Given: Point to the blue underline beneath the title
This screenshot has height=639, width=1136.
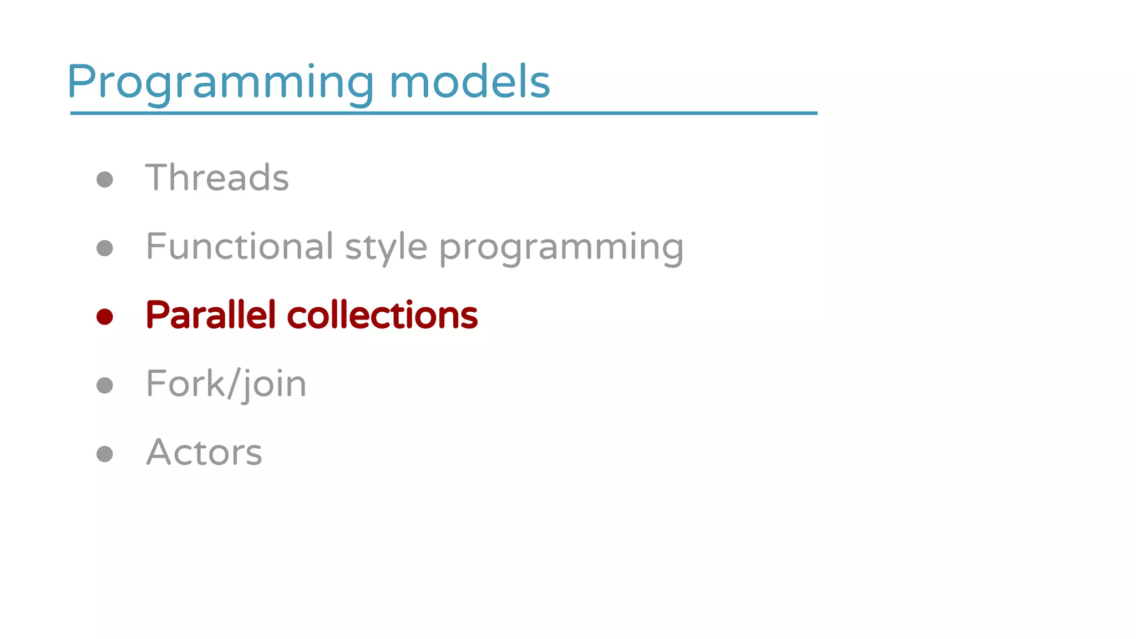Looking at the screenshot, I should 444,113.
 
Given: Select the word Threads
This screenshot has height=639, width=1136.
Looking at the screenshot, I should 217,177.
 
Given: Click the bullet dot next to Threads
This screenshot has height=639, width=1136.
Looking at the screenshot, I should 105,179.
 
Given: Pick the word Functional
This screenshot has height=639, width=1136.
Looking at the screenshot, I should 240,246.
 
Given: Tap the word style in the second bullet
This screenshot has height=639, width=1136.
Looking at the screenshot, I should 386,247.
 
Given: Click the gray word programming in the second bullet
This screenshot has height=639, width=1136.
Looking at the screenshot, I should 561,247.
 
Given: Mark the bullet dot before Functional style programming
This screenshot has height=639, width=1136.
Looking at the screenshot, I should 105,248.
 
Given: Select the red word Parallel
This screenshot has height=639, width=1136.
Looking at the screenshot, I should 211,315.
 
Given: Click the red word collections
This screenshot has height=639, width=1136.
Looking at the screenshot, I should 382,315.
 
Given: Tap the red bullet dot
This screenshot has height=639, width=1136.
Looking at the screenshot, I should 105,317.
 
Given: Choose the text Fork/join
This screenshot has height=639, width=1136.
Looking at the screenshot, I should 226,384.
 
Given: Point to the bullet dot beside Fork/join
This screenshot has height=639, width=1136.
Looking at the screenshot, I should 105,386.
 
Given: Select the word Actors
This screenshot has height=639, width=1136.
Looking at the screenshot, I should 204,452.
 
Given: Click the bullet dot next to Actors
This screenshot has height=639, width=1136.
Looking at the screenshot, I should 105,454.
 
